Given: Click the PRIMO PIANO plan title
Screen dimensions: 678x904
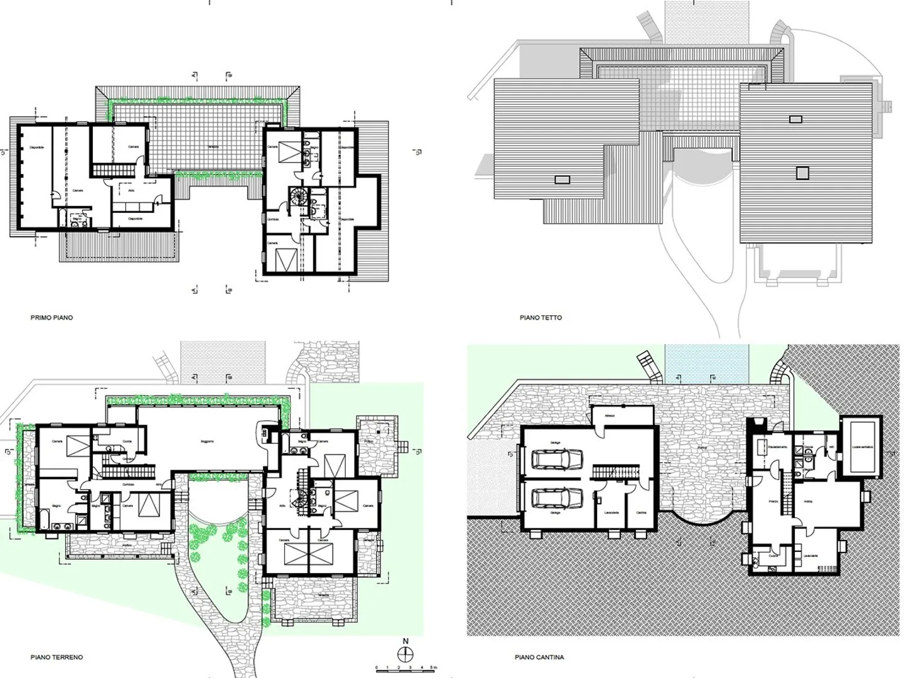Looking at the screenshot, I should (51, 318).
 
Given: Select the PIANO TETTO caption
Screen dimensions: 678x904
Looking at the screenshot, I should (541, 318).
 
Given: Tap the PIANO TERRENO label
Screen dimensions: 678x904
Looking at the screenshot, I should (56, 657).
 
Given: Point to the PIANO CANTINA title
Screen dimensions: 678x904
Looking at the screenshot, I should (539, 657).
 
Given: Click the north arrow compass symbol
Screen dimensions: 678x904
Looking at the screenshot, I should (406, 654).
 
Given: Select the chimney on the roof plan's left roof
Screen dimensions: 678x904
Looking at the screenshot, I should (562, 180).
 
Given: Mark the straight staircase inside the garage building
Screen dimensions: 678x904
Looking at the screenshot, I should (616, 471).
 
